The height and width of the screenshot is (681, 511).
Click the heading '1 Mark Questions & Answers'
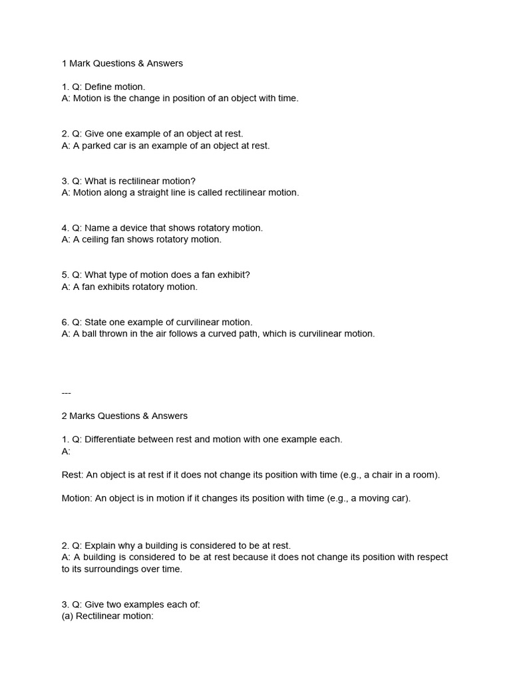coord(122,64)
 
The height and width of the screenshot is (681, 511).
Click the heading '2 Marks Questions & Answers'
coord(124,416)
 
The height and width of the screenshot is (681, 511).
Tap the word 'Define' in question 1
coord(99,87)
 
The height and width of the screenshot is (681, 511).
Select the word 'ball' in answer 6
coord(90,334)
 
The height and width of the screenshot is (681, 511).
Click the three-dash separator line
coord(66,392)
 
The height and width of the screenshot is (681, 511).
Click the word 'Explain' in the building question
coord(100,546)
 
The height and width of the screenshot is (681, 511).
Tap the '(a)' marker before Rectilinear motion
coord(67,616)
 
